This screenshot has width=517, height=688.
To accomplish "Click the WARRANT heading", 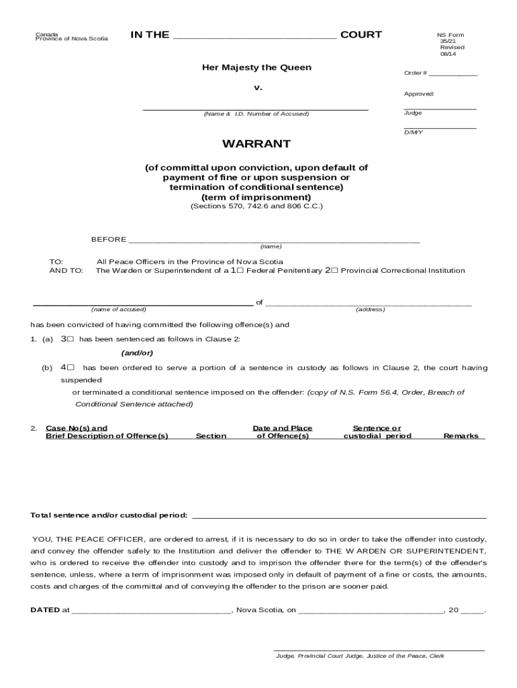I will tap(256, 144).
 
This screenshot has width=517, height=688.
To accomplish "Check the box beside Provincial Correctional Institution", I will tap(334, 271).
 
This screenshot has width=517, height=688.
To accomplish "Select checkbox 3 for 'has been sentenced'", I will tap(70, 339).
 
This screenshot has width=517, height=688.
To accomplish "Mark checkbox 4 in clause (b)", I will tap(70, 368).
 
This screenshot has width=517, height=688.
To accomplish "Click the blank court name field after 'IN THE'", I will tap(254, 37).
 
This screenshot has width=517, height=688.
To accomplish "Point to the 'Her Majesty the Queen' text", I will tap(256, 68).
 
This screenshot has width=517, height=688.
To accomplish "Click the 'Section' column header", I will tap(211, 436).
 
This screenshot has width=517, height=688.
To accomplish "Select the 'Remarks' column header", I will tap(461, 436).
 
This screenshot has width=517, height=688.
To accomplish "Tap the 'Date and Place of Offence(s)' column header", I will tap(282, 432).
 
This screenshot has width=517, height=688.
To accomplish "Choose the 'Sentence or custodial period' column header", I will tap(377, 432).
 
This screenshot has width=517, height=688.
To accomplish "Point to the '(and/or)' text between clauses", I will tap(137, 353).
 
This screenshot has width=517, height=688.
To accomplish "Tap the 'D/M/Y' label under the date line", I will tap(413, 132).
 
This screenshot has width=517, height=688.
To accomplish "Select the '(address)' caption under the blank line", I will tap(370, 309).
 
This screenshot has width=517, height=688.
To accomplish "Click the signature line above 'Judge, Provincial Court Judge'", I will tap(379, 650).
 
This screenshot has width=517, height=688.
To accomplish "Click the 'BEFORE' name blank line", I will tap(274, 241).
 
